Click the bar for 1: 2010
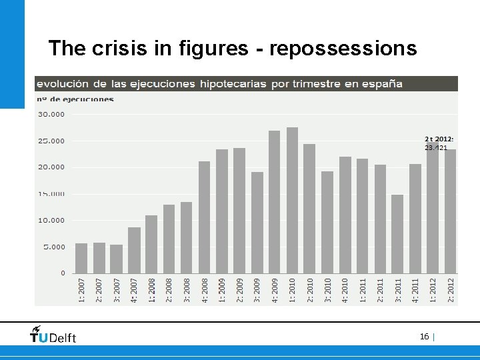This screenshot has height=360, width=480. [x=292, y=200]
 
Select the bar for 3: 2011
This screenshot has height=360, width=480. [x=397, y=234]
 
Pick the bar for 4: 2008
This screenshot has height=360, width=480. [x=204, y=217]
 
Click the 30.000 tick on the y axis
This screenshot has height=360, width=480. [x=51, y=114]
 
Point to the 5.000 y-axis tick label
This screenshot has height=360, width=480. [x=54, y=247]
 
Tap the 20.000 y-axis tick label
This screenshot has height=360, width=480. [x=51, y=167]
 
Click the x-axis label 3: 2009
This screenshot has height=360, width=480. [x=257, y=291]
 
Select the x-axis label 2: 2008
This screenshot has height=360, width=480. [x=169, y=291]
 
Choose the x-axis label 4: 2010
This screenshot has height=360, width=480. [x=345, y=291]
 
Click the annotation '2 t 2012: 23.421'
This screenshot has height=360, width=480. [x=439, y=143]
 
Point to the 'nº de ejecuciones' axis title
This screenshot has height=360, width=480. [x=75, y=99]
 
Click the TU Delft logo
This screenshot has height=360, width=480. [x=53, y=335]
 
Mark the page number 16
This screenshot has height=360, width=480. [x=424, y=337]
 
